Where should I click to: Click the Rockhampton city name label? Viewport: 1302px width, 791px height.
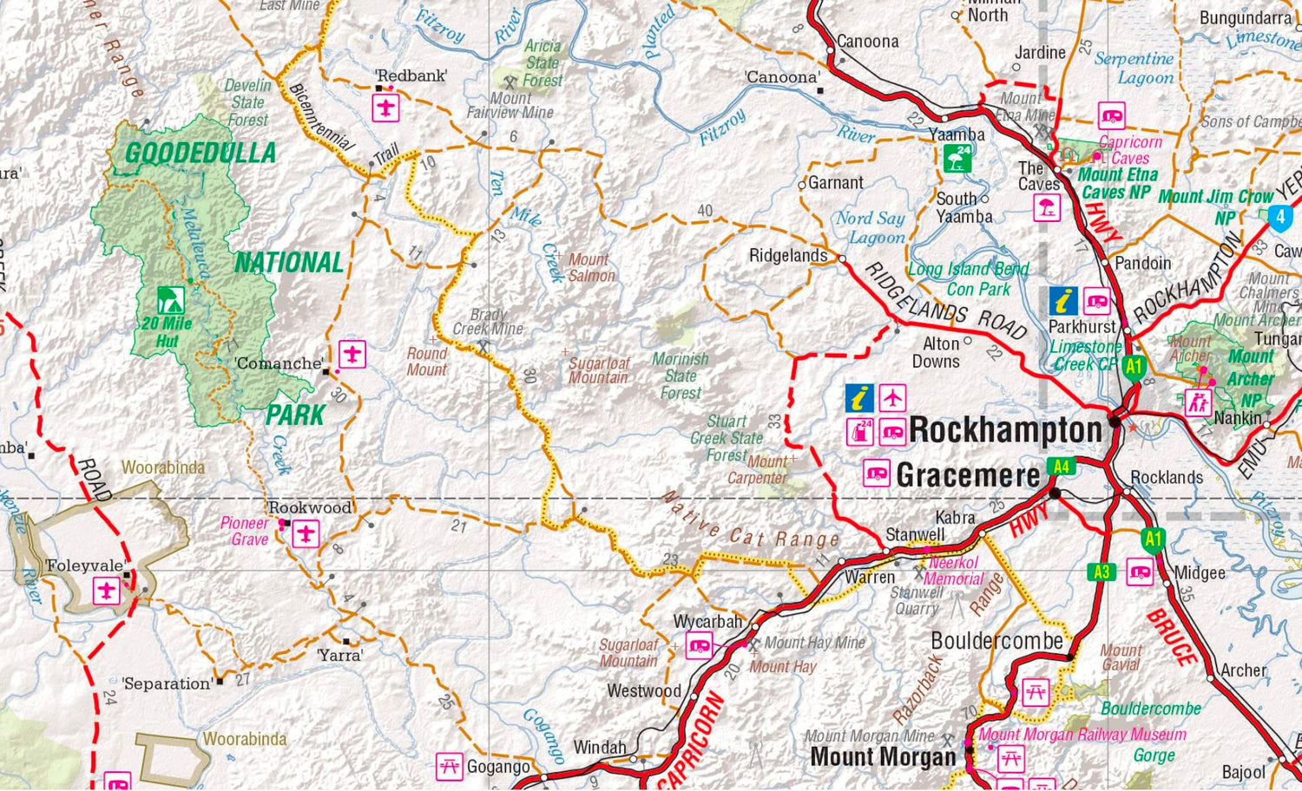click(1005, 429)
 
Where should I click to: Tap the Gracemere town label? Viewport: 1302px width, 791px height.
click(968, 475)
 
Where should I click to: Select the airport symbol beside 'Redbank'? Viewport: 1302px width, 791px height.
click(385, 108)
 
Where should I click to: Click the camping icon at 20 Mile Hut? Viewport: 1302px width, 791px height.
click(170, 300)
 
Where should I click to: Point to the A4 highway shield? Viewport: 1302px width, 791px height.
click(1061, 467)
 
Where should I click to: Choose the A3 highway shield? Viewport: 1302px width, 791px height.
click(1101, 572)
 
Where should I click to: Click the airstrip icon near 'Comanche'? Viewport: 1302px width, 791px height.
click(352, 354)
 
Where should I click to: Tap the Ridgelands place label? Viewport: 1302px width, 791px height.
click(788, 256)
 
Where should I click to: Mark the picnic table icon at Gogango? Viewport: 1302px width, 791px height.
click(449, 766)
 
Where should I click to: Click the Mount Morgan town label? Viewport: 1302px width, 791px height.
click(882, 756)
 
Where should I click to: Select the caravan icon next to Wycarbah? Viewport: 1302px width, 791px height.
click(699, 646)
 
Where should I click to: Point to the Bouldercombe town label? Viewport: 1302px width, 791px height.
click(996, 641)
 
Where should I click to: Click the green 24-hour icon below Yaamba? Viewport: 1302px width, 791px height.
click(957, 158)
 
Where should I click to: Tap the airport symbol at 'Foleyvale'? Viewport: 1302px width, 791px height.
click(107, 592)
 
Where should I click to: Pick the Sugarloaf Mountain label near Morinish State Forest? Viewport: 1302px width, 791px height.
click(599, 370)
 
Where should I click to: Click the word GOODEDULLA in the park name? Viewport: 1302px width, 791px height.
click(201, 154)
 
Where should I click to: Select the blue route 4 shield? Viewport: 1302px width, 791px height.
click(1280, 217)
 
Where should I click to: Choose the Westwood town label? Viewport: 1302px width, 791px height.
click(644, 691)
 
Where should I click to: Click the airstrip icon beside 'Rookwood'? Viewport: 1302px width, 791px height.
click(306, 533)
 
